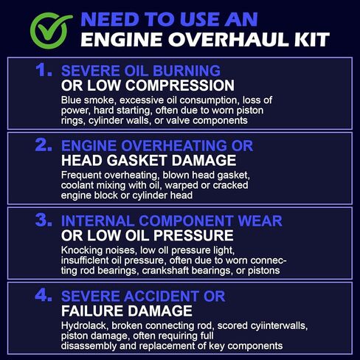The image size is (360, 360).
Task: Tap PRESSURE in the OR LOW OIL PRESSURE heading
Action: point(194,235)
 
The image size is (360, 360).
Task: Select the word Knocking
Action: point(82,250)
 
